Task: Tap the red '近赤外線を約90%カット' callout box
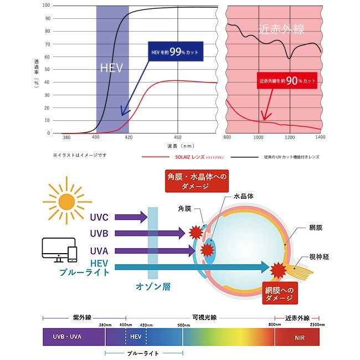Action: pyautogui.click(x=288, y=80)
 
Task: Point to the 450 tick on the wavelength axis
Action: pyautogui.click(x=177, y=137)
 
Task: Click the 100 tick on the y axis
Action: pyautogui.click(x=47, y=6)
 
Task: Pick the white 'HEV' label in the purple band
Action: pyautogui.click(x=111, y=69)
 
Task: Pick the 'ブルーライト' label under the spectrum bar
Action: pyautogui.click(x=143, y=353)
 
